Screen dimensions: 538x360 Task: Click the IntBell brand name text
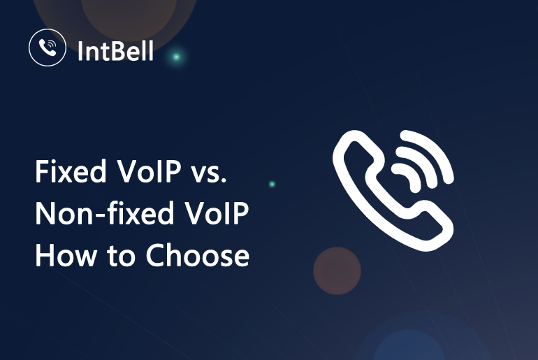pos(115,51)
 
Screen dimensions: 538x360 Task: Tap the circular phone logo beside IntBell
pos(48,48)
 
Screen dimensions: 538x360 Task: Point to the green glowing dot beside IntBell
pos(176,57)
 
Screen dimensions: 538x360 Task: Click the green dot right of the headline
pos(272,185)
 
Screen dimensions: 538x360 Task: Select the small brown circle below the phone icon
pos(337,271)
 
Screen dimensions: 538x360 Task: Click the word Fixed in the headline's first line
pos(71,171)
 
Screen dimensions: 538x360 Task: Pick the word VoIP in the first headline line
pos(149,171)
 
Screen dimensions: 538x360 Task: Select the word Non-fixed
pos(105,213)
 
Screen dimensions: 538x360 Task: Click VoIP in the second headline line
pos(217,213)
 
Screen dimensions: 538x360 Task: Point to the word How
pos(66,255)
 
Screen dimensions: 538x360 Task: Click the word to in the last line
pos(121,257)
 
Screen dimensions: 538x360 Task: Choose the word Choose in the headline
pos(197,255)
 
